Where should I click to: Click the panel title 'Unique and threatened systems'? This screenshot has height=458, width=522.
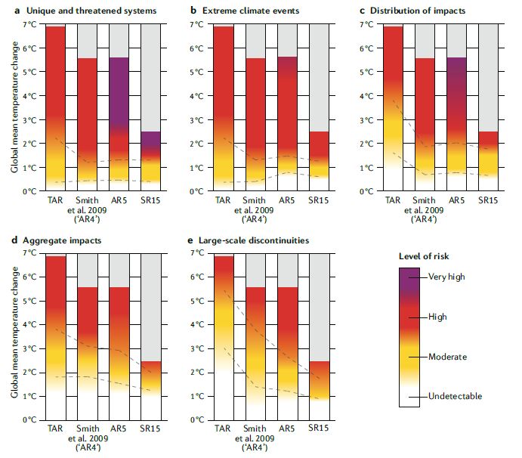pos(97,10)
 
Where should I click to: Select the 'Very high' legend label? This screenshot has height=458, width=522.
pos(446,277)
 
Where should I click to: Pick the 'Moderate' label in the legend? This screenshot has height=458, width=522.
pos(446,356)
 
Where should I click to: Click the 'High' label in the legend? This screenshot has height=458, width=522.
pos(439,317)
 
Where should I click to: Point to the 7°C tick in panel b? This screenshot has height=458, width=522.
pos(195,25)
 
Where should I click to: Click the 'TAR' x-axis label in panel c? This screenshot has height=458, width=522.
pos(394,200)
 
